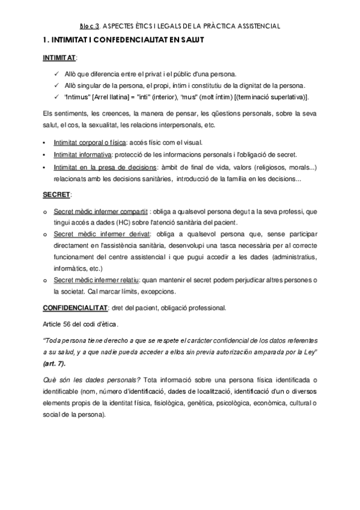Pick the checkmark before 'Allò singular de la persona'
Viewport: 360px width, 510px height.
coord(56,85)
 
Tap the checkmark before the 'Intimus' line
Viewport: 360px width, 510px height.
coord(56,97)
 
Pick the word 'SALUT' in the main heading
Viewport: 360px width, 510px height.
coord(193,40)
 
